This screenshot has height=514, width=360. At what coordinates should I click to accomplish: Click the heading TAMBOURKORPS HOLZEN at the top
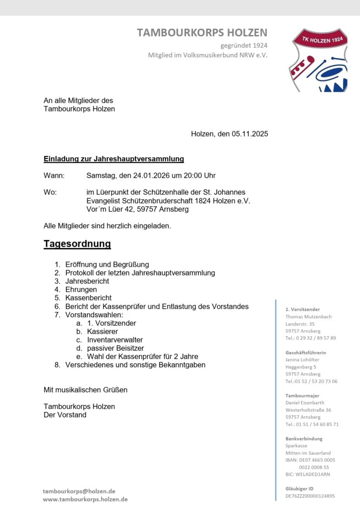[x=202, y=33]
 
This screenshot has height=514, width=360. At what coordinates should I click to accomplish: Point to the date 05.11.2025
[x=250, y=134]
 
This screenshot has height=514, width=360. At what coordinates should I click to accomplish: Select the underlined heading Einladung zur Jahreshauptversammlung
[x=113, y=159]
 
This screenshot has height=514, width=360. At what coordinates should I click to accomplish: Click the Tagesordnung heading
[x=77, y=244]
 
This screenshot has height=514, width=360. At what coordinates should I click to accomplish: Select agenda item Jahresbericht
[x=87, y=281]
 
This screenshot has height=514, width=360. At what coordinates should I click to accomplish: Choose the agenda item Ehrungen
[x=81, y=290]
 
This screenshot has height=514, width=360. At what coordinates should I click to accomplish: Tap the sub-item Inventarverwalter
[x=114, y=340]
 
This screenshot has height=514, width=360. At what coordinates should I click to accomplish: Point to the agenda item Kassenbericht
[x=88, y=298]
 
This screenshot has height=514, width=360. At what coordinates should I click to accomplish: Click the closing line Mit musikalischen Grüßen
[x=85, y=390]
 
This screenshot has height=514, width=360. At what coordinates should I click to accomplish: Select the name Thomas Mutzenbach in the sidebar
[x=309, y=317]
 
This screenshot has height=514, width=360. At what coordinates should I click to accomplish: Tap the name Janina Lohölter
[x=302, y=359]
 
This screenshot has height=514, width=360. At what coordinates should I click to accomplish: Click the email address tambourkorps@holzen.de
[x=79, y=491]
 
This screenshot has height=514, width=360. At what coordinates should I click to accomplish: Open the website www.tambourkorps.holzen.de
[x=85, y=499]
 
